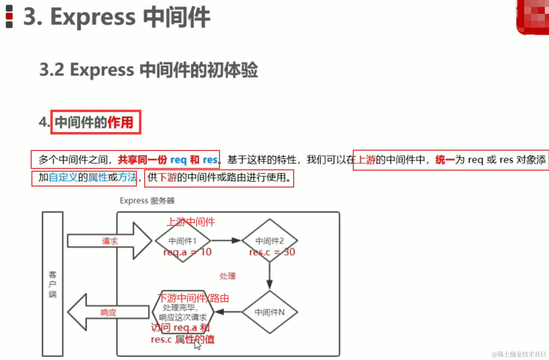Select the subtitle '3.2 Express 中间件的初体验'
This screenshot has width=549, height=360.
tap(148, 70)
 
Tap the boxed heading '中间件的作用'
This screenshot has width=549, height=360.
tap(94, 122)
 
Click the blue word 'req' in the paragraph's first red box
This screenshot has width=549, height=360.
tap(178, 160)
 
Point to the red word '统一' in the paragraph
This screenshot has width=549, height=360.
tap(445, 160)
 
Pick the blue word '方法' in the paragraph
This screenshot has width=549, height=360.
tap(127, 177)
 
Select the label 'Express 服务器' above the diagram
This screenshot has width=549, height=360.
tap(147, 201)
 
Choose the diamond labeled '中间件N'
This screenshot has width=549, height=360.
tap(270, 312)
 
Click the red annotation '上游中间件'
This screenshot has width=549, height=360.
tap(191, 222)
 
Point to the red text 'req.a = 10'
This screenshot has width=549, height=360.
tap(187, 252)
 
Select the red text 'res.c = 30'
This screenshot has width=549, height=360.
tap(272, 252)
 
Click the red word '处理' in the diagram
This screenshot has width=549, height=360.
tap(228, 276)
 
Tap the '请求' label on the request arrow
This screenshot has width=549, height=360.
tap(110, 241)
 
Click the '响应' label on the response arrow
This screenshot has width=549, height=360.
tap(108, 312)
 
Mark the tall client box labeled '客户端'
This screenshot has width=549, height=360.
tap(52, 284)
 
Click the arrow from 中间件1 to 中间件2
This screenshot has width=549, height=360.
tap(226, 240)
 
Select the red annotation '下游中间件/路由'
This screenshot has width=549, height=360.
tap(193, 298)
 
